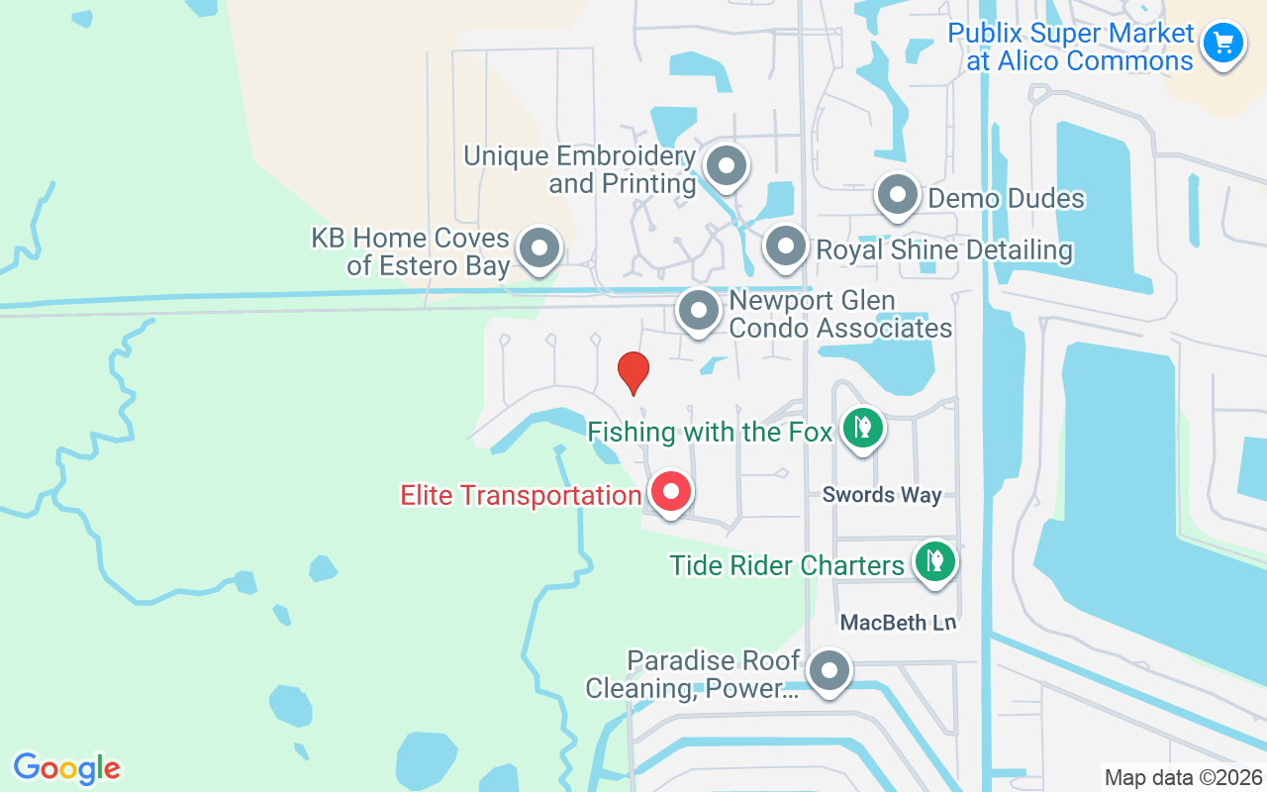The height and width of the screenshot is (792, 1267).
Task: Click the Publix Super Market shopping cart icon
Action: [x=1223, y=44]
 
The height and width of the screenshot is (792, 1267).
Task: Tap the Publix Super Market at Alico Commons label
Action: [x=1070, y=48]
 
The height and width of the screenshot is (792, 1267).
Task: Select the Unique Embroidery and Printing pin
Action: [x=727, y=166]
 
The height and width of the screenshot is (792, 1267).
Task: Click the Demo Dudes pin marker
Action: [x=898, y=195]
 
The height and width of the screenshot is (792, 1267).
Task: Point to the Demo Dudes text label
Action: [x=1006, y=199]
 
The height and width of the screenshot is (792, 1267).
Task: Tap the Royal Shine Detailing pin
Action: [x=786, y=246]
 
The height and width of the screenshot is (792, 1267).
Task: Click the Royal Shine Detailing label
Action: [x=943, y=250]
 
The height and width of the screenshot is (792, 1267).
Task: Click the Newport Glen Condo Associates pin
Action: [x=699, y=310]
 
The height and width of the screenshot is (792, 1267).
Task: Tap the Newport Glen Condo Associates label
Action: [x=840, y=314]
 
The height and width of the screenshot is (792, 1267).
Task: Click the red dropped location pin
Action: [x=633, y=372]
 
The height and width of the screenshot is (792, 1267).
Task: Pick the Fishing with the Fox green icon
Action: [x=863, y=429]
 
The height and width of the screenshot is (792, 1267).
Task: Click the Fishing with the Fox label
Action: [x=710, y=433]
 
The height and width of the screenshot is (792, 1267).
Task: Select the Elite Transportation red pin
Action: [x=671, y=491]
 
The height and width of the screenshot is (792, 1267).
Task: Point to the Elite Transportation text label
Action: [x=521, y=495]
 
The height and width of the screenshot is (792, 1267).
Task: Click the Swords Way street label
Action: [x=882, y=495]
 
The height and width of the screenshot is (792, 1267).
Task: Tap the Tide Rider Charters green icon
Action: [x=934, y=561]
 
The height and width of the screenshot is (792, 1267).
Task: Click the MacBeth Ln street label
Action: [x=899, y=623]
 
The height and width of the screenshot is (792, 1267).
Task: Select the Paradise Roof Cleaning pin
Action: [x=828, y=671]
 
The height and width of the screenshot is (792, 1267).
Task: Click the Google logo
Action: [x=66, y=768]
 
